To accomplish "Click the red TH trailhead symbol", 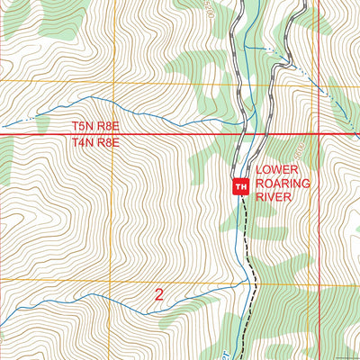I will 240,186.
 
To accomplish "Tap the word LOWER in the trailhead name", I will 276,170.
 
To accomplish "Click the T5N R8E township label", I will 101,129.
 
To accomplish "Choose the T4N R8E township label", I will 101,142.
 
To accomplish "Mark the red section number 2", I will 159,293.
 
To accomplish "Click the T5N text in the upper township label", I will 85,129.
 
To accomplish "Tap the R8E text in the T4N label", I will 117,142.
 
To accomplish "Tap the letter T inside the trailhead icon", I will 238,186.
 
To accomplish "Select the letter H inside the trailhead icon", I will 243,186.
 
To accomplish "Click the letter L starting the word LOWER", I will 259,170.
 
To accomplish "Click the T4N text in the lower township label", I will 85,142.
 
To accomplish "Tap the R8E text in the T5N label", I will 117,129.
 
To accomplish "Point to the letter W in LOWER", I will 278,170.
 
